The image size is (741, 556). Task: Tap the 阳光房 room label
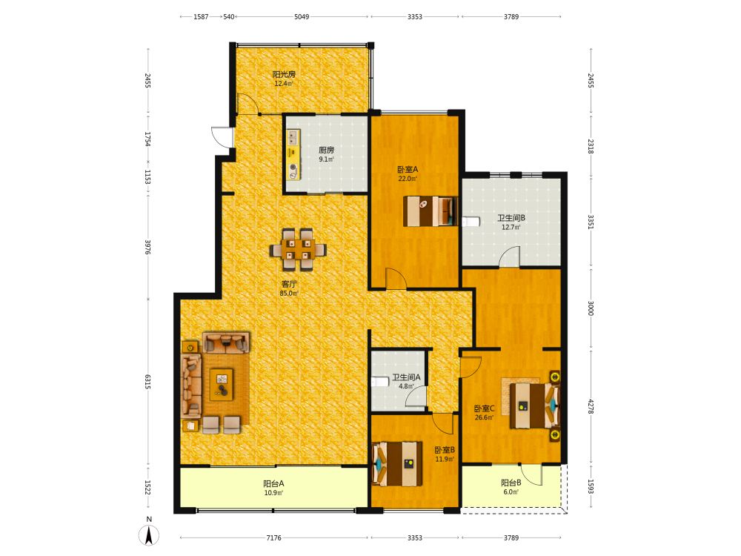(284, 74)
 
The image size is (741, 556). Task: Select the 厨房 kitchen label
(326, 150)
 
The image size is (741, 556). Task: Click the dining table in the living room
(298, 249)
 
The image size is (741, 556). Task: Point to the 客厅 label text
(289, 284)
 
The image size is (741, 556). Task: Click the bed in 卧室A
(431, 211)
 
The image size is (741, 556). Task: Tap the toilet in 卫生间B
(471, 222)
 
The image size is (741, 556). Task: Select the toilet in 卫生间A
(380, 382)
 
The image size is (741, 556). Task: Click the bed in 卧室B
(397, 464)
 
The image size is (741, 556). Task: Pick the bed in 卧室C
(534, 406)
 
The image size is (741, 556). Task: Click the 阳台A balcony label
(273, 483)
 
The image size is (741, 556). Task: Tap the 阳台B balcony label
(511, 483)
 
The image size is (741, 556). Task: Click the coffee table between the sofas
(222, 384)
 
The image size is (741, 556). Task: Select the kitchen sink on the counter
(293, 138)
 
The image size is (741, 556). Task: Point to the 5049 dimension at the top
(302, 16)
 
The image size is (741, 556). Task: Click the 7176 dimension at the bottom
(273, 537)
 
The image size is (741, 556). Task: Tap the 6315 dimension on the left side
(148, 382)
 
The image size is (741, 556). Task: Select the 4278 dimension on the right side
(591, 406)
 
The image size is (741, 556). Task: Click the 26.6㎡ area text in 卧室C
(484, 417)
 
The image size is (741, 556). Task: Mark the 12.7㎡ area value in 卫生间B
(511, 227)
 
